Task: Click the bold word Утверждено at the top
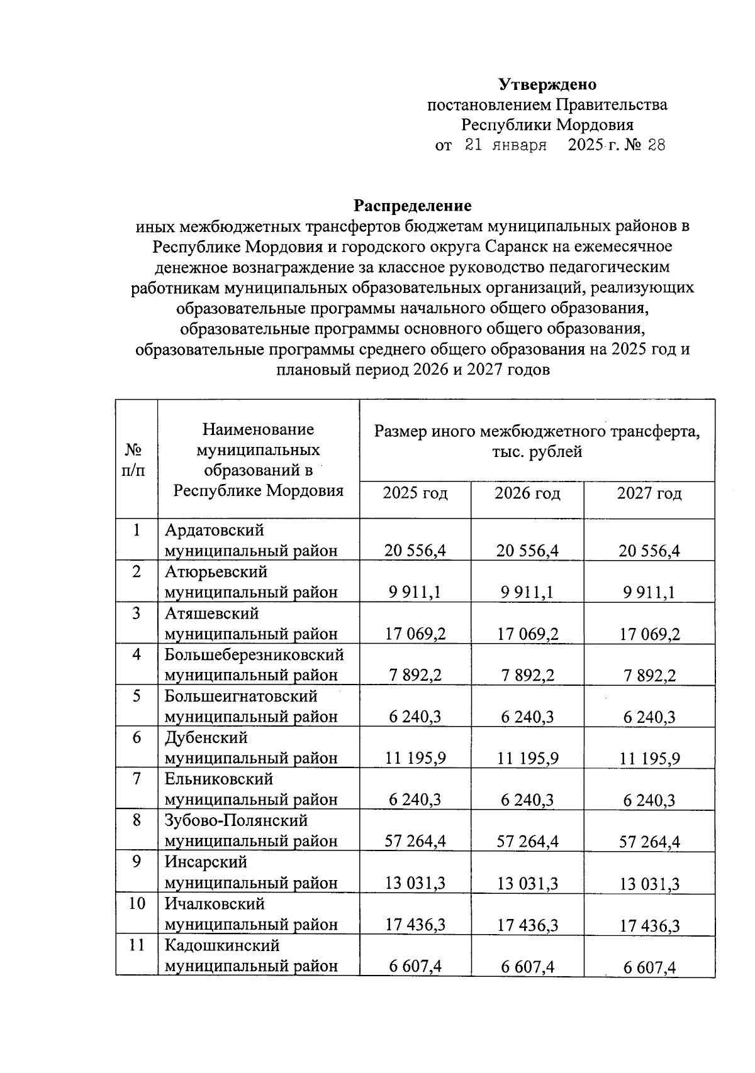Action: point(547,84)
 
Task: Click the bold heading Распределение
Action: point(412,206)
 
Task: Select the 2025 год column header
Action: point(415,493)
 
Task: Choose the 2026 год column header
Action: point(527,493)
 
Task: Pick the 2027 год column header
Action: point(649,493)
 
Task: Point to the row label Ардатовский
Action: point(214,531)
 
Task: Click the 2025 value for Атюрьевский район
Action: point(415,592)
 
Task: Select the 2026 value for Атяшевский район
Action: point(527,634)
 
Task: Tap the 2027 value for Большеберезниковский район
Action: point(649,675)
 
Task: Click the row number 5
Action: point(137,696)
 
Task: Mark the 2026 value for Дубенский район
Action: point(527,758)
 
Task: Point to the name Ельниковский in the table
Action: point(219,779)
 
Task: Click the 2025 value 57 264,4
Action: point(415,841)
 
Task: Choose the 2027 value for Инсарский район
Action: point(649,883)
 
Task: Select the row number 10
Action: point(137,903)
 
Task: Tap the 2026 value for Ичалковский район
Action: point(527,925)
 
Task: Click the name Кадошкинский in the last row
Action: point(222,945)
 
